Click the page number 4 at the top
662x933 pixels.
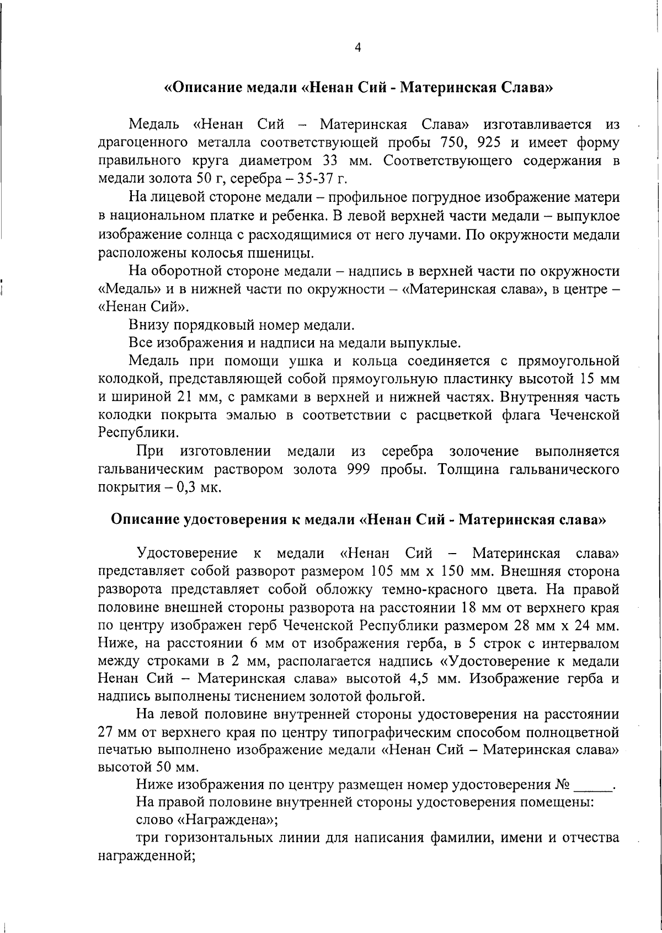tap(357, 49)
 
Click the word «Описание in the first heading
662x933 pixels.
tap(200, 88)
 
